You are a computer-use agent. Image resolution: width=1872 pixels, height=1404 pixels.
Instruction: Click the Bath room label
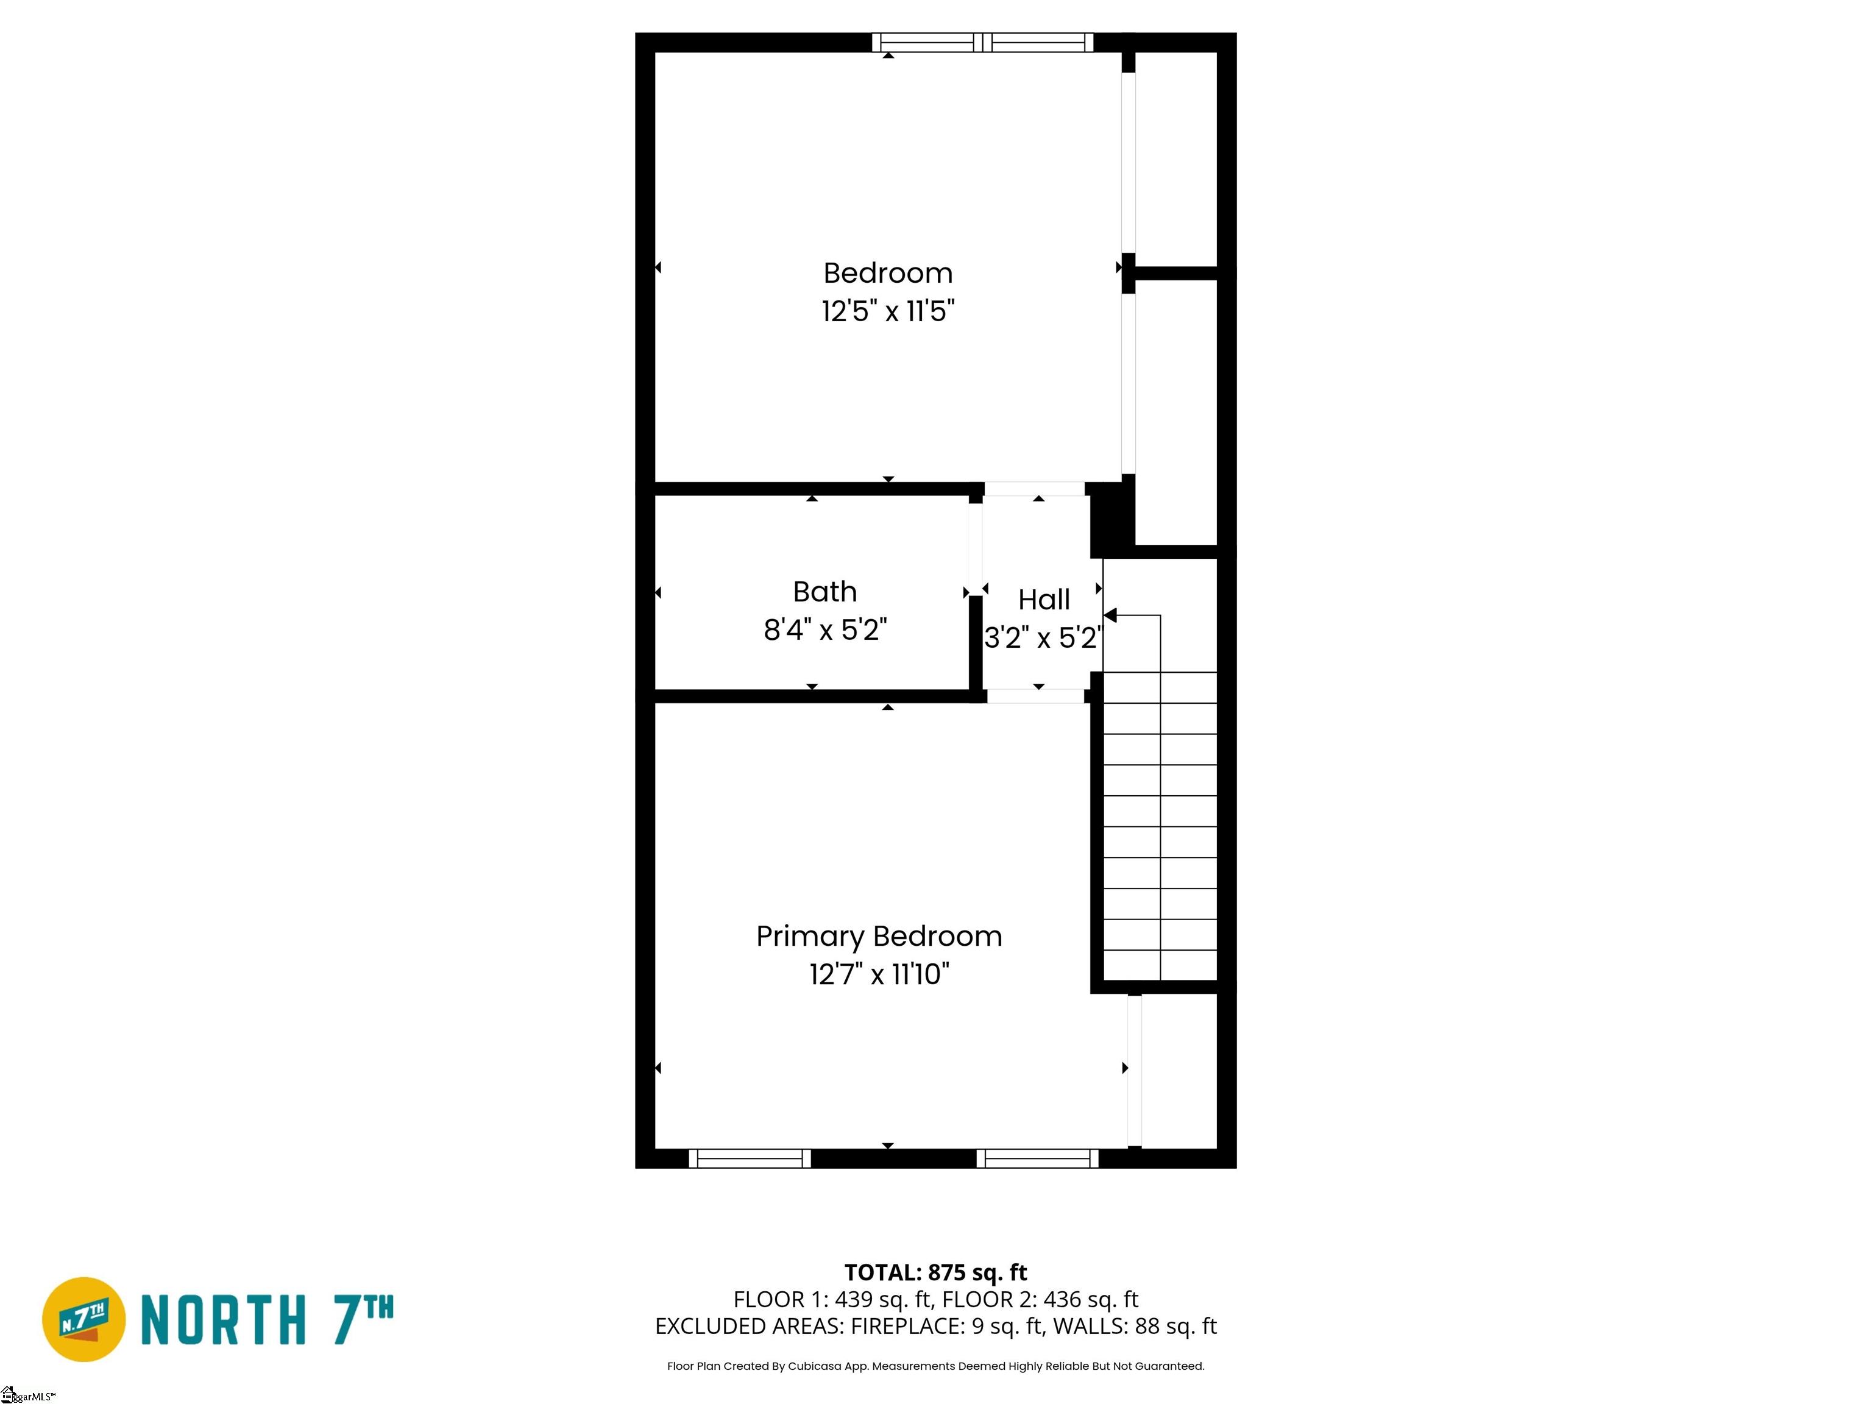coord(824,592)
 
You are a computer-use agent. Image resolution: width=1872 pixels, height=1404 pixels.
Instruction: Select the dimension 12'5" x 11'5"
coord(888,311)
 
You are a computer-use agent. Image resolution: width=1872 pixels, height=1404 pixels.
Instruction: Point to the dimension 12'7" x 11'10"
coord(879,974)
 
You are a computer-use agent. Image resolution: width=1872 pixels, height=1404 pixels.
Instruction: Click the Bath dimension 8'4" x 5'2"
coord(825,629)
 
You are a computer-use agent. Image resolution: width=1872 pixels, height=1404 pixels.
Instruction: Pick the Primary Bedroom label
coord(879,936)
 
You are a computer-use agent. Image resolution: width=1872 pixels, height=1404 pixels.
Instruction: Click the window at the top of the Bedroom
coord(982,42)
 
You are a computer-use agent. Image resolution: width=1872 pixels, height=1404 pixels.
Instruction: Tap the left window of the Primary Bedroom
coord(750,1158)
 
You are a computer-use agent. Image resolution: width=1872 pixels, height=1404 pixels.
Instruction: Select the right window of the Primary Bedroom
coord(1038,1158)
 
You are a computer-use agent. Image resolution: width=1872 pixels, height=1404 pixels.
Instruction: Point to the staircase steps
coord(1160,826)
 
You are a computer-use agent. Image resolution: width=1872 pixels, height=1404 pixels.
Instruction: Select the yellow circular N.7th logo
coord(83,1319)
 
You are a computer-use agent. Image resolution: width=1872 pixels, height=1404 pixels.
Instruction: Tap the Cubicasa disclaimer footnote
coord(936,1366)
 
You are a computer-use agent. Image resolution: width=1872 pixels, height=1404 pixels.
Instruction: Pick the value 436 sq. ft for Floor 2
coord(1091,1299)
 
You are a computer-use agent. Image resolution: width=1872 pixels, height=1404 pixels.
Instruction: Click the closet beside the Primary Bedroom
coord(1180,1071)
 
